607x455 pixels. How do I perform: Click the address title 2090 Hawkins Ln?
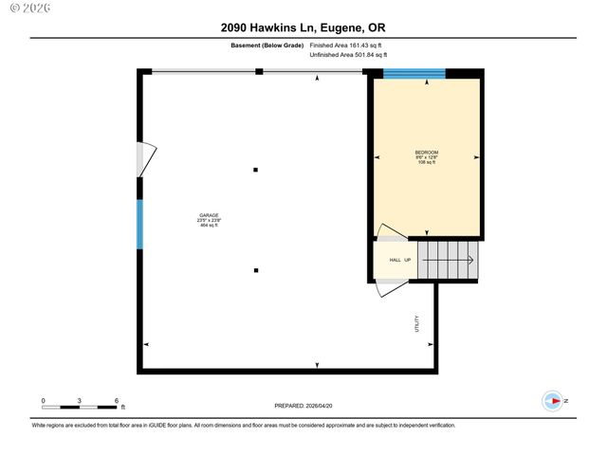[303, 28]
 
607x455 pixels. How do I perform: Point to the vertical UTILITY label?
[416, 323]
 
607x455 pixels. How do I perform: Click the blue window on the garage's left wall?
[140, 224]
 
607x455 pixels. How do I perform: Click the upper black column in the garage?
[255, 171]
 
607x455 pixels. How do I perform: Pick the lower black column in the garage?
[255, 270]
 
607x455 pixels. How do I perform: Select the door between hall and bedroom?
[391, 233]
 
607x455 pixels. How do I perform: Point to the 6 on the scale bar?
[116, 401]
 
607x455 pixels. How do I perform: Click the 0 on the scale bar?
[44, 401]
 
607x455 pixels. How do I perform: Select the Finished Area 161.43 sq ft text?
[346, 45]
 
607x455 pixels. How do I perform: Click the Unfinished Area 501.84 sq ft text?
[350, 55]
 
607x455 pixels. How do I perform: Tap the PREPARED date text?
[303, 406]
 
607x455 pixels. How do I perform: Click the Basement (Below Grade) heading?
[267, 45]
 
